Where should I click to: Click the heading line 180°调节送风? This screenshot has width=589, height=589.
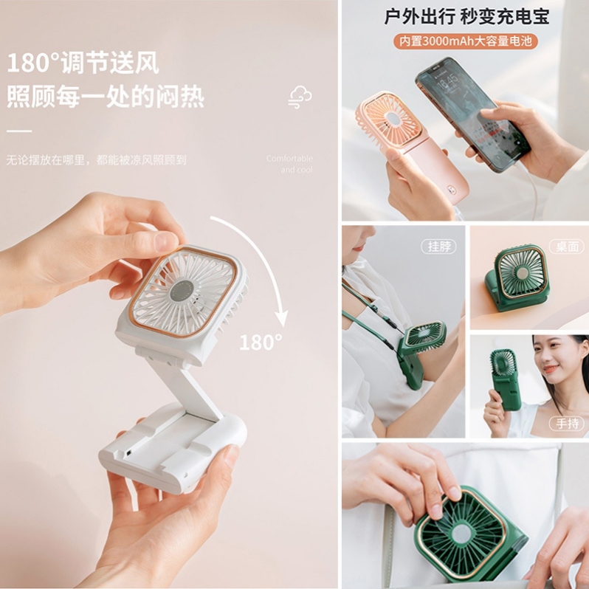coord(83,63)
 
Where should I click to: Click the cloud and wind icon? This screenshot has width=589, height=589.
coord(300,97)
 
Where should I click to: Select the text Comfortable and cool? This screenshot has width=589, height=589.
coord(289,164)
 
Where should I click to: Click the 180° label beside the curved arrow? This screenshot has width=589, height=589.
coord(261,342)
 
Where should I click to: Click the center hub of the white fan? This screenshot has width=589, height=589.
coord(182,290)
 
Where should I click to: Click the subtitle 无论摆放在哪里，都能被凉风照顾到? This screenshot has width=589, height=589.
coord(96,159)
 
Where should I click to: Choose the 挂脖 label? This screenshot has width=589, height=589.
coord(439,247)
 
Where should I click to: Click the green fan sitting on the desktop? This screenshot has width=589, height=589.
coord(519,278)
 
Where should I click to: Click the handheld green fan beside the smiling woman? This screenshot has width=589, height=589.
coord(506,376)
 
